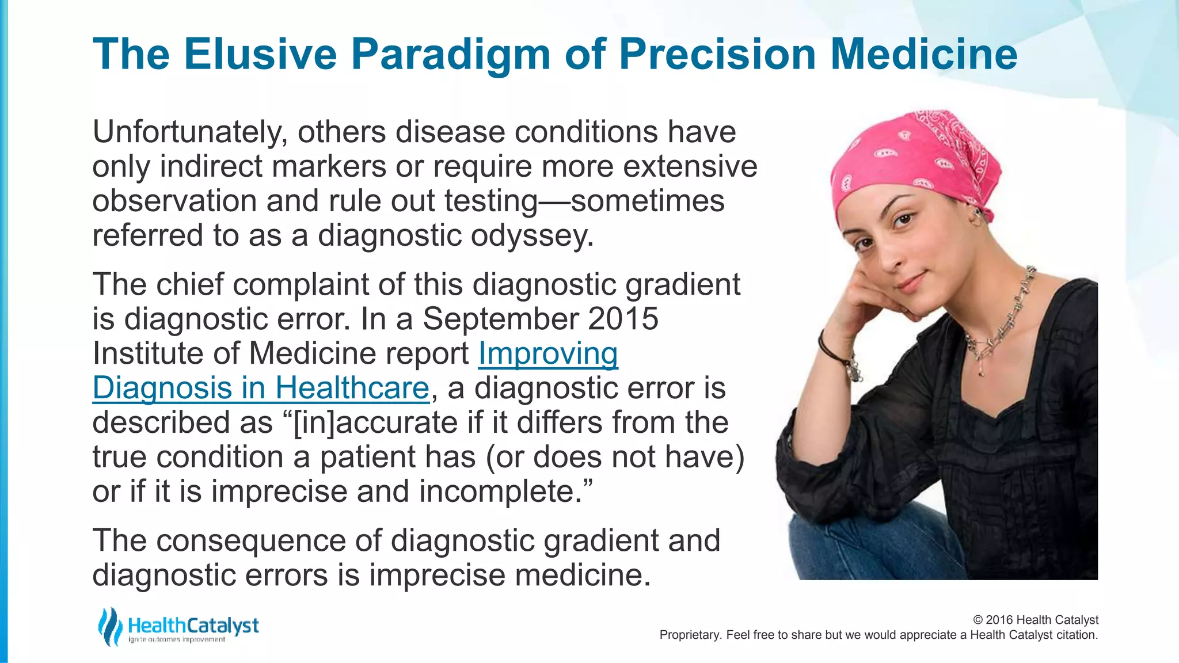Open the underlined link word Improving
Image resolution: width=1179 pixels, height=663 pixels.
pyautogui.click(x=548, y=353)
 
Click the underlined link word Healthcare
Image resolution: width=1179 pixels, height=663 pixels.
pyautogui.click(x=352, y=388)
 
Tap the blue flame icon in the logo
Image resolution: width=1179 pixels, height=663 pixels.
pyautogui.click(x=109, y=626)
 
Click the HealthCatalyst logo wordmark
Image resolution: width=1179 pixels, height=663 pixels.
pyautogui.click(x=193, y=626)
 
